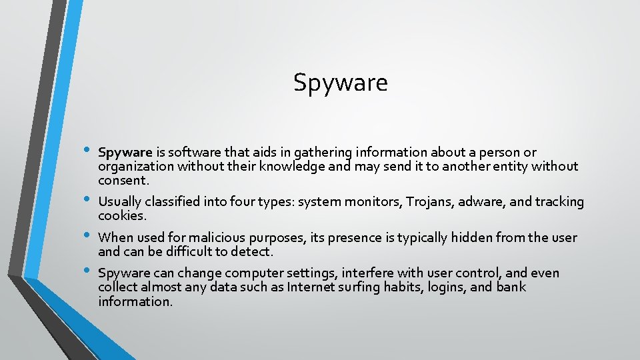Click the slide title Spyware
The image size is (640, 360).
point(340,83)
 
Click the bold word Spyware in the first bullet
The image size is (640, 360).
point(125,153)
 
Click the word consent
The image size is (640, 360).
point(123,181)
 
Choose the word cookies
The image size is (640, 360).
point(121,216)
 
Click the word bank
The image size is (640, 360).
point(511,287)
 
